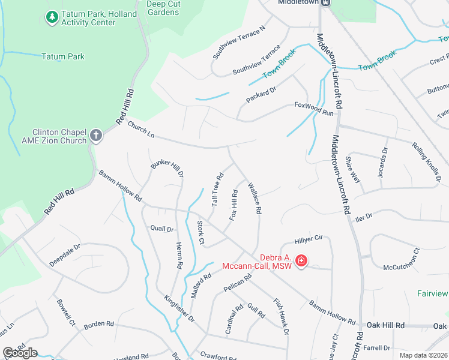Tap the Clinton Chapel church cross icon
coord(96,135)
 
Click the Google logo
coord(20,353)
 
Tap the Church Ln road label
coord(141,130)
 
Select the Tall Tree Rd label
coord(217,190)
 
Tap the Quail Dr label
coord(161,229)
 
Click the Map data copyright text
coord(424,355)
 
